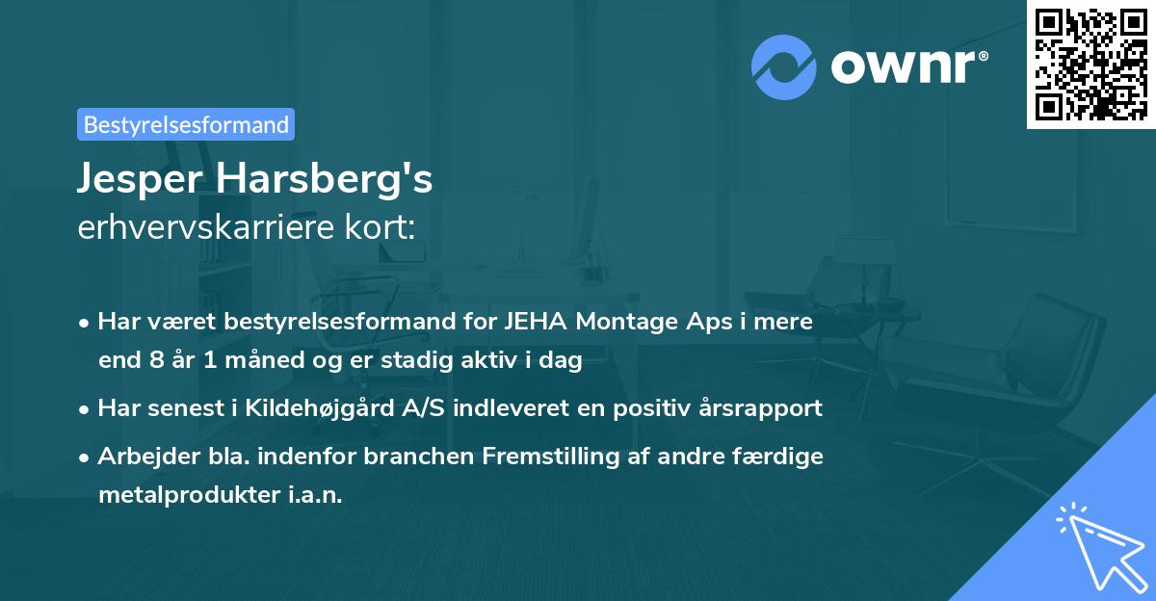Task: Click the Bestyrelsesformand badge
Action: [186, 124]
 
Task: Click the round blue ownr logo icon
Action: [783, 66]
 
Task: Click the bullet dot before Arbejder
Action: [86, 457]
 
